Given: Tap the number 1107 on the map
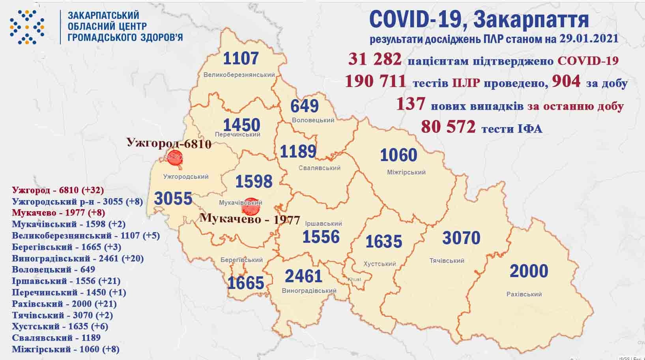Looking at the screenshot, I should (x=241, y=58).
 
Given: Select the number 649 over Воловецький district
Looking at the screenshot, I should (x=304, y=106).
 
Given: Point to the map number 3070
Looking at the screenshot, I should (x=461, y=238).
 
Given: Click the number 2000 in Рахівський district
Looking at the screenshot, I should (x=529, y=271).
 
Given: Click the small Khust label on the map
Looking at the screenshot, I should (x=354, y=279).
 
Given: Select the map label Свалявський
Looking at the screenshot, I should (x=320, y=168).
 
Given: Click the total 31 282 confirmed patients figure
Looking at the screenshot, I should (x=375, y=60).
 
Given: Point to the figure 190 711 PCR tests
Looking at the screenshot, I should (x=375, y=81).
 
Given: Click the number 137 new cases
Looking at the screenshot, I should (x=410, y=104).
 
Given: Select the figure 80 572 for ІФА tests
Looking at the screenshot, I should (x=448, y=127).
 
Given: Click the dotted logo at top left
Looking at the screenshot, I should (x=27, y=27).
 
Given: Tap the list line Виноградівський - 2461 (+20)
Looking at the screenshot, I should (x=78, y=259).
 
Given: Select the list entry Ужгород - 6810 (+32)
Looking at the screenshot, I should (x=58, y=190).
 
